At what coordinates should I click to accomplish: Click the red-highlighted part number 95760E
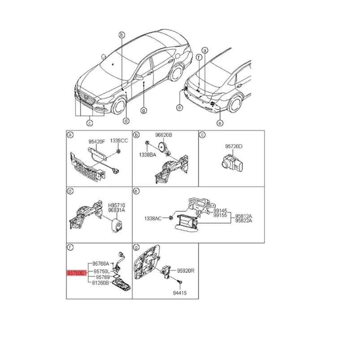[75, 272]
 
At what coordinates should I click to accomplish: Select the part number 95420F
[96, 141]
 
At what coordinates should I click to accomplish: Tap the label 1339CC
[119, 141]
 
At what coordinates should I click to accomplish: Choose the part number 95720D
[233, 147]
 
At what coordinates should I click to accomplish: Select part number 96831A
[117, 210]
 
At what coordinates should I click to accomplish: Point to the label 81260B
[100, 283]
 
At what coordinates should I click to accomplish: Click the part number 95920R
[185, 271]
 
